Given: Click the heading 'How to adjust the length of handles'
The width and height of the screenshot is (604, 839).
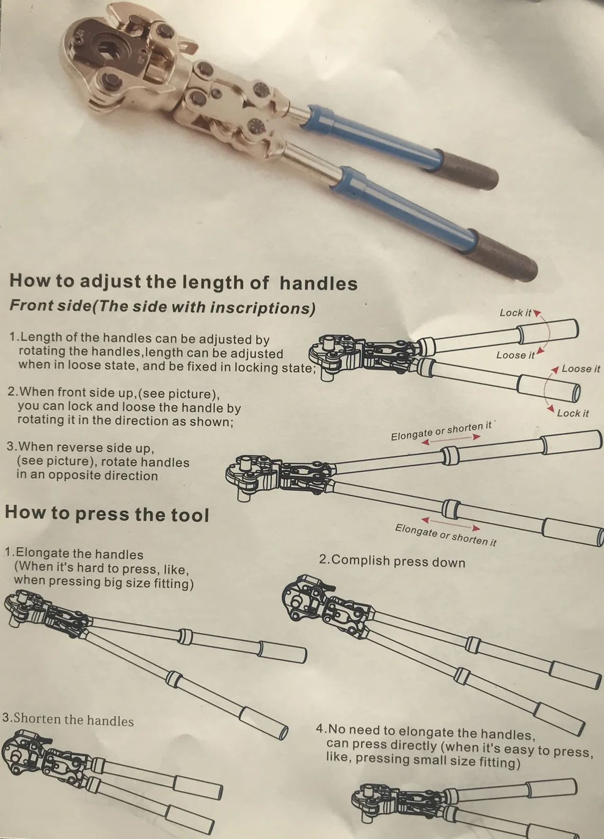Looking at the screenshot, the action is point(183,282).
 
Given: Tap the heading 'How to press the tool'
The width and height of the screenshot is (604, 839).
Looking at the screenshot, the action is point(107,514).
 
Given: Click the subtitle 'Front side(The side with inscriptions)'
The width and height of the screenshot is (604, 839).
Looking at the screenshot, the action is point(162,307).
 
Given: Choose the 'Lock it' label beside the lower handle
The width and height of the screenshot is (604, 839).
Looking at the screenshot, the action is point(573,413).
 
